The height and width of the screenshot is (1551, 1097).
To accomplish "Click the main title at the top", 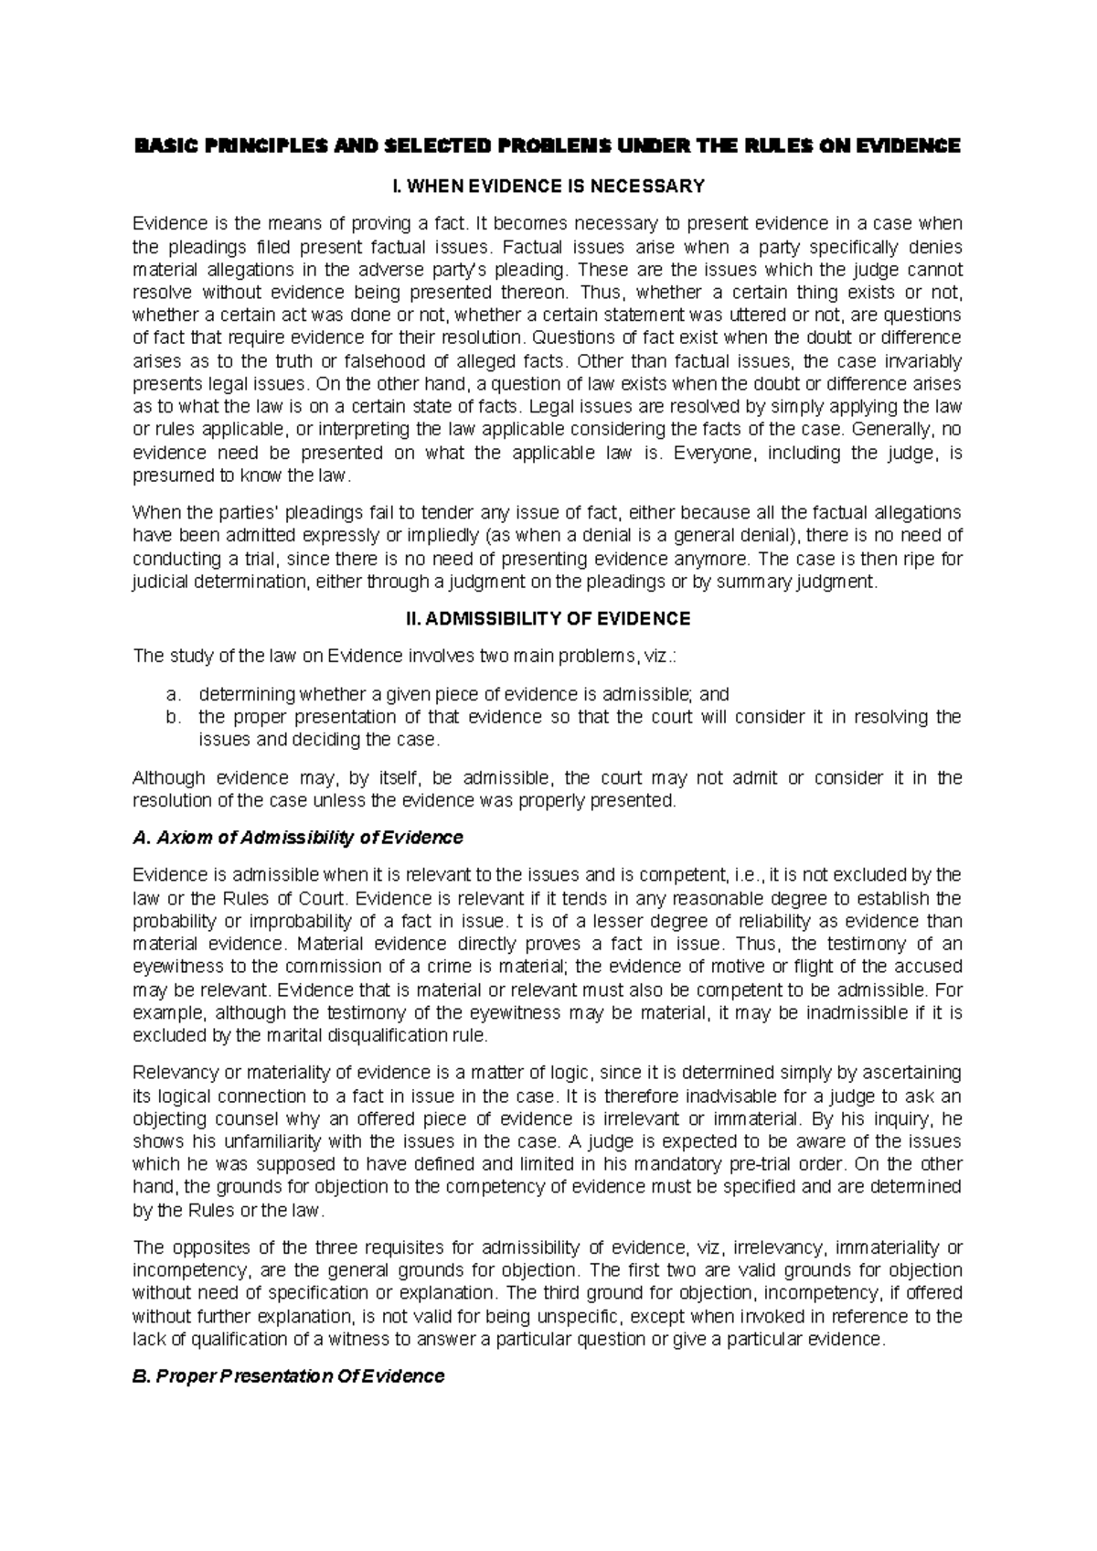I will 548,145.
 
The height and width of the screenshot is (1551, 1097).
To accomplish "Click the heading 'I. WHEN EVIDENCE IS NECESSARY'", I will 548,187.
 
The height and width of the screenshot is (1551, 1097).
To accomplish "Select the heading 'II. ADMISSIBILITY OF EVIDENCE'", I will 548,619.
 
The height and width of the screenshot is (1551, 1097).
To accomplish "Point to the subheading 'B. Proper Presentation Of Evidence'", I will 289,1375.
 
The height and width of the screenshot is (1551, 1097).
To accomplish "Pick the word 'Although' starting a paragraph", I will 169,778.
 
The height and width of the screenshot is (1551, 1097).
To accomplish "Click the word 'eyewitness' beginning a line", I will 179,967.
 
